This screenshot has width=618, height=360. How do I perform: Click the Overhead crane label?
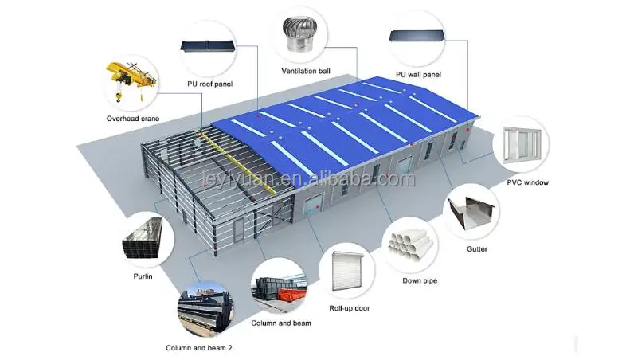click(132, 119)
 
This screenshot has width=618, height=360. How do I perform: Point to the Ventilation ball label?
click(306, 71)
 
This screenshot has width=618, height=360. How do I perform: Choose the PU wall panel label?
click(418, 75)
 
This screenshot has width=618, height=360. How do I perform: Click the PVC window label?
click(527, 182)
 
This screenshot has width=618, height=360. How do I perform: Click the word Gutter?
click(477, 249)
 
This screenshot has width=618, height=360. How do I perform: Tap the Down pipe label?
click(419, 280)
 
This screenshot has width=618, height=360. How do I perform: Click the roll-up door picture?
click(347, 271)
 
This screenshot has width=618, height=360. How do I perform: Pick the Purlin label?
click(143, 276)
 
